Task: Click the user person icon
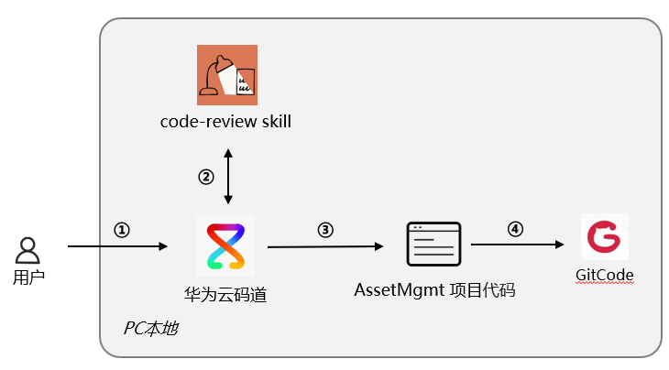point(27,250)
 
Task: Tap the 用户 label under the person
point(28,277)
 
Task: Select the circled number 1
point(122,230)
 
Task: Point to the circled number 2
point(206,177)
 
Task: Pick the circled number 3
point(325,230)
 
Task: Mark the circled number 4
point(515,229)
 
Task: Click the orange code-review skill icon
point(227,75)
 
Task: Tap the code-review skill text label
point(225,122)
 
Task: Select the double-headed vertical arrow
point(228,177)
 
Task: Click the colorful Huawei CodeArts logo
point(225,246)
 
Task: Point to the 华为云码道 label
point(225,295)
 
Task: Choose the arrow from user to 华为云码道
point(117,246)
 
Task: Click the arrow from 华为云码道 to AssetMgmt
point(325,246)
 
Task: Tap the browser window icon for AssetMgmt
point(433,245)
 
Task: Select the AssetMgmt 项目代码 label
point(434,290)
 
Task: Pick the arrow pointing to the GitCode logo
point(518,245)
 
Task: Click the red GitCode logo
point(605,236)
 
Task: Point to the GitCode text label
point(605,275)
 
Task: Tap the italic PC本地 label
point(151,328)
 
